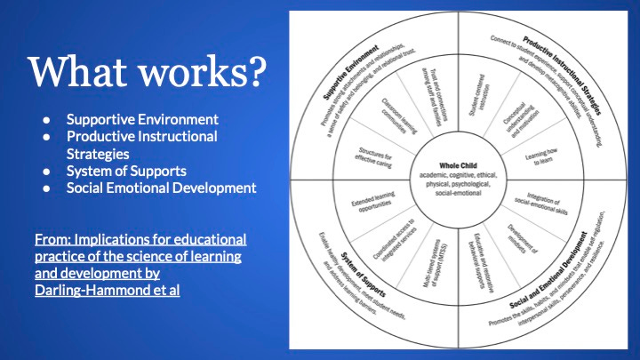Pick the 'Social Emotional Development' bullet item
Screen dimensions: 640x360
pos(161,188)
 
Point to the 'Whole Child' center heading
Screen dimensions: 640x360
pos(457,164)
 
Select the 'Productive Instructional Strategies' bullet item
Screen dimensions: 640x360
pos(141,144)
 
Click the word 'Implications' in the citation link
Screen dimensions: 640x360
pos(107,240)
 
